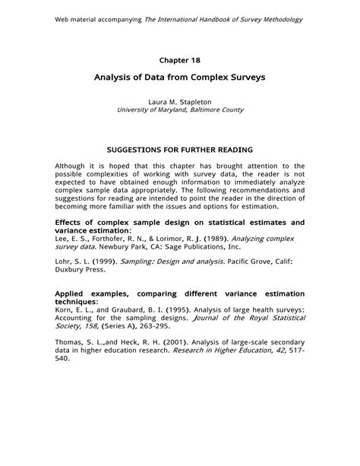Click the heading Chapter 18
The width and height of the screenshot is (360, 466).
pyautogui.click(x=179, y=59)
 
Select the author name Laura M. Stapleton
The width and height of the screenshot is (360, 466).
pyautogui.click(x=180, y=101)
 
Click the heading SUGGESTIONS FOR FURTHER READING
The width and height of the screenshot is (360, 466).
pyautogui.click(x=179, y=150)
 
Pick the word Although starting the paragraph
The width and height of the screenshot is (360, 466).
pyautogui.click(x=72, y=165)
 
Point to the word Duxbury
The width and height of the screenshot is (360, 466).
pyautogui.click(x=71, y=270)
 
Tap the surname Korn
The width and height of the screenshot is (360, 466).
pyautogui.click(x=65, y=309)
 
